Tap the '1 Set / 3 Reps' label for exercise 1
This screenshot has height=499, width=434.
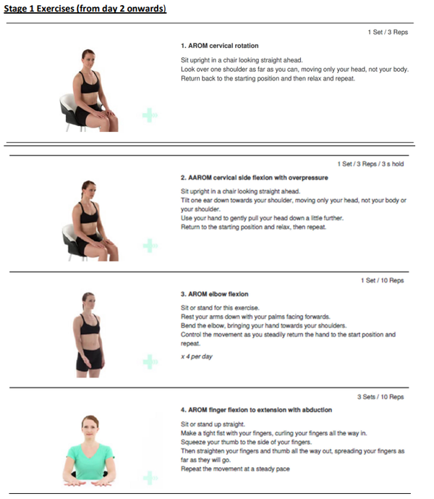click(x=388, y=32)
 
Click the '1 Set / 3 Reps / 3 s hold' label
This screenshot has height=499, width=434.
click(x=370, y=164)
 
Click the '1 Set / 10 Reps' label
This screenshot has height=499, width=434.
click(x=382, y=280)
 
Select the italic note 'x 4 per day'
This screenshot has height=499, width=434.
click(x=197, y=356)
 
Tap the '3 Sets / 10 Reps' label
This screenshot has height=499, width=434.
click(x=380, y=397)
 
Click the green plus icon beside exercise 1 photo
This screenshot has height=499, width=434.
click(x=150, y=115)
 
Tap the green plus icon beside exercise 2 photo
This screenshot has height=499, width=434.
click(x=150, y=246)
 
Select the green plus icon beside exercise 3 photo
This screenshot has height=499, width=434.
click(x=150, y=362)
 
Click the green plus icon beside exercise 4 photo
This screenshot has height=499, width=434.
click(x=150, y=478)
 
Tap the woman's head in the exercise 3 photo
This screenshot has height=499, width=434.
click(x=89, y=301)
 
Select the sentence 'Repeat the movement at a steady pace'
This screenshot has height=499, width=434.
click(x=235, y=469)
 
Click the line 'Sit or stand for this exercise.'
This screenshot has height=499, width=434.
click(x=220, y=308)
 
